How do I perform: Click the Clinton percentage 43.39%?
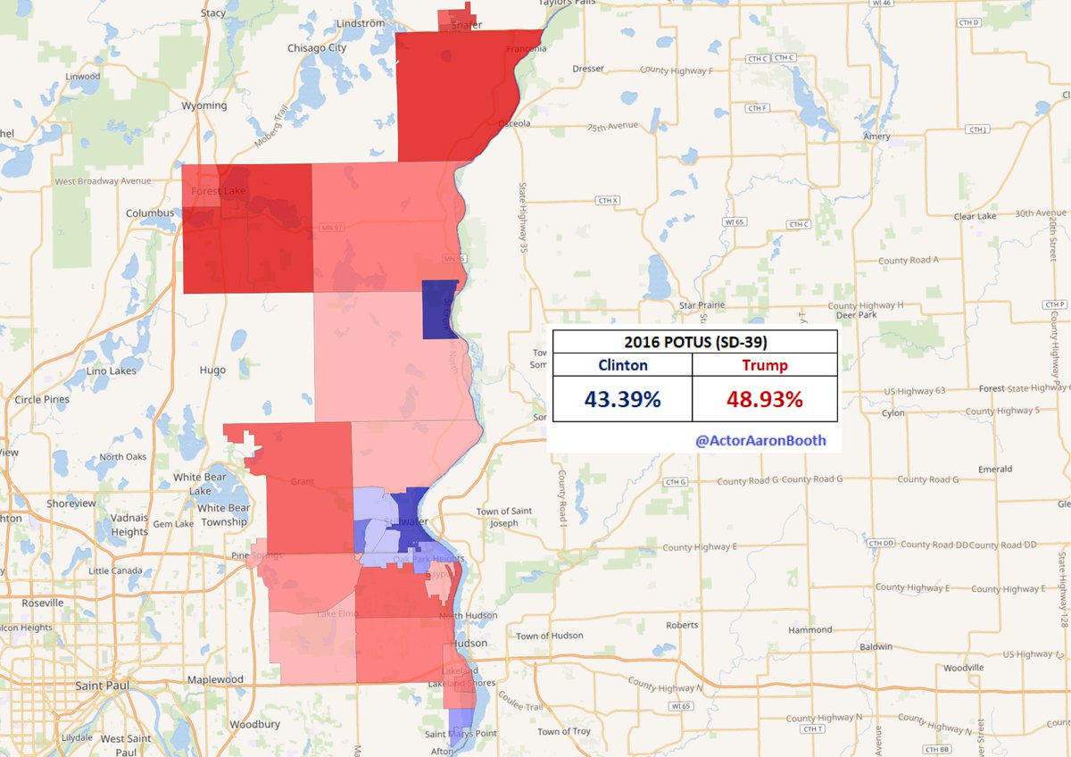622,399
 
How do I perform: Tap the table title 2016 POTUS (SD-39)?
694,342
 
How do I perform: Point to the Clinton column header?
622,365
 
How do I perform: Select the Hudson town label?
469,644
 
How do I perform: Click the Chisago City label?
317,47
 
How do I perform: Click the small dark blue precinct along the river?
439,310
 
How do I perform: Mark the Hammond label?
810,629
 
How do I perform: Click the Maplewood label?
215,679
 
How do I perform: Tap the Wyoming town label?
204,105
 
